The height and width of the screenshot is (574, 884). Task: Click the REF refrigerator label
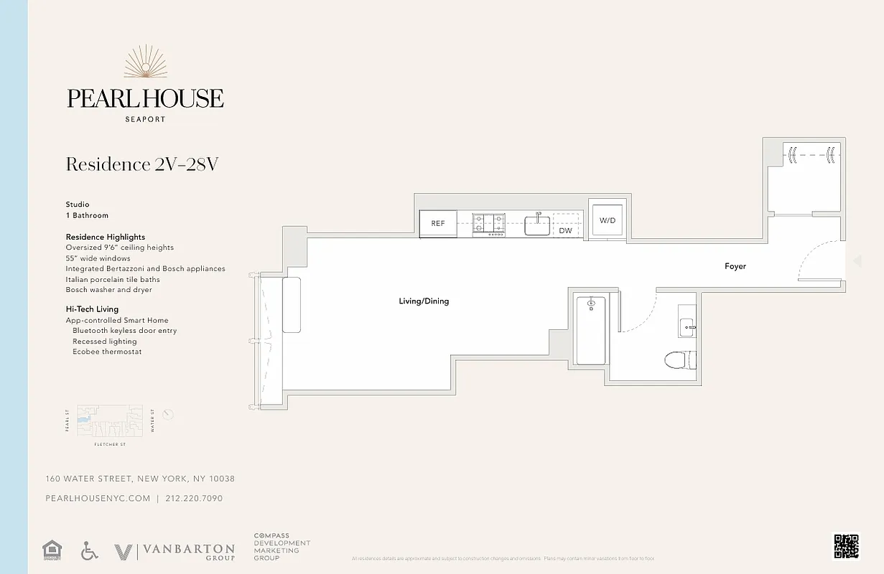[438, 223]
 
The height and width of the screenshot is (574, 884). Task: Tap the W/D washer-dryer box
[608, 220]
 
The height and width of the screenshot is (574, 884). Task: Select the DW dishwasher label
[566, 230]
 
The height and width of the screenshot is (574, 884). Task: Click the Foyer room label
[735, 266]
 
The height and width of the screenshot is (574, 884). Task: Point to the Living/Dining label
[424, 301]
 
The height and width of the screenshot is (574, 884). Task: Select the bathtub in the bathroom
[591, 330]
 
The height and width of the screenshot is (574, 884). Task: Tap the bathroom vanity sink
[687, 328]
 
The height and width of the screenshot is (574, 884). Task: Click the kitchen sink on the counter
[537, 225]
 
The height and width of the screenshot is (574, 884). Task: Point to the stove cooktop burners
[488, 225]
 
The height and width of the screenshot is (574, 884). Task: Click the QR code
[846, 546]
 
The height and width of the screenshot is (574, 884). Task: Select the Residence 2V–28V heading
[141, 164]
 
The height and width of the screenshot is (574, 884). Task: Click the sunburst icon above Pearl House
[145, 62]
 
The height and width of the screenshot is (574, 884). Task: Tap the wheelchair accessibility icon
[89, 551]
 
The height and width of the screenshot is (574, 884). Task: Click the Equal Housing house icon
[52, 550]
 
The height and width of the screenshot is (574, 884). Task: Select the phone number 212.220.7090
[194, 499]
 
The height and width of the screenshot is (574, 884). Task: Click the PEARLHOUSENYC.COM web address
[98, 499]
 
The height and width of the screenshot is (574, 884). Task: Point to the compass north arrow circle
[168, 414]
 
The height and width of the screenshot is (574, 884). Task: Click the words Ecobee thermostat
[107, 352]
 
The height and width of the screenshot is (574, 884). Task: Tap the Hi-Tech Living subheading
[92, 309]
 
